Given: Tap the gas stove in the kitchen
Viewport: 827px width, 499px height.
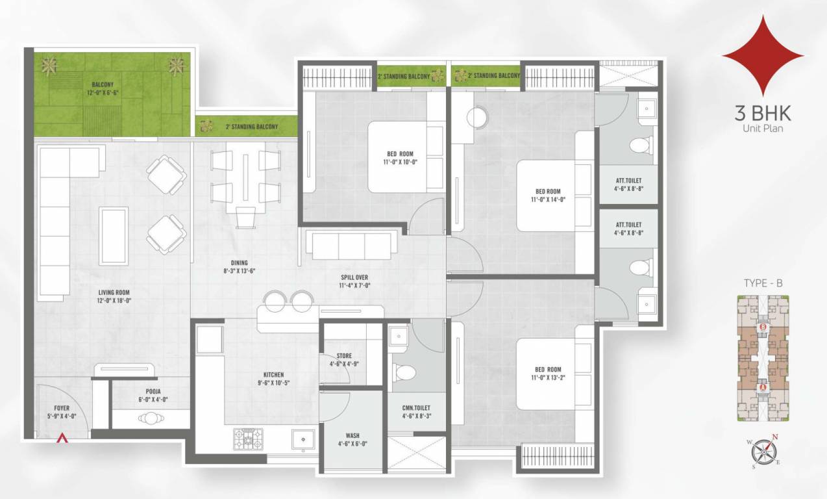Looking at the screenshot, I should [249, 439].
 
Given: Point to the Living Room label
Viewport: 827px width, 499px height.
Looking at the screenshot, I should [114, 293].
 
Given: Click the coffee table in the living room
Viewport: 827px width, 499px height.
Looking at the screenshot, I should [113, 236].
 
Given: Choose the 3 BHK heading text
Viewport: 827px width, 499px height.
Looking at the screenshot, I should [763, 113].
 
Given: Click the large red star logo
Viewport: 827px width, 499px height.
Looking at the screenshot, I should [763, 56].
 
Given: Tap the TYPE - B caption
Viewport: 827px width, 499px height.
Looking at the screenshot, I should [763, 283].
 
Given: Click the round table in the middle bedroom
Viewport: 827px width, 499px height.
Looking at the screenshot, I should [478, 117].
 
